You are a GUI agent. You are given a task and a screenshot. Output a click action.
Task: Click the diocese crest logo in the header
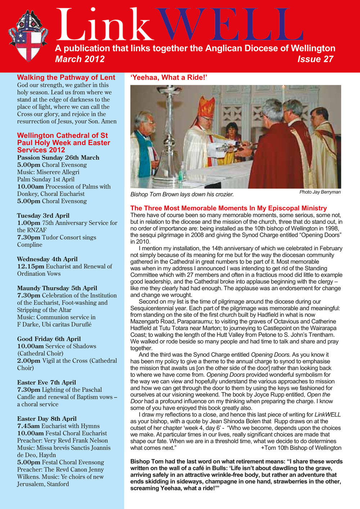point(28,36)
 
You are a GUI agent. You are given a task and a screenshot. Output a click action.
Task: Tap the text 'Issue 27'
point(315,59)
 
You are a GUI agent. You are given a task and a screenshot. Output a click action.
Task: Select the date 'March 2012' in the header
point(80,59)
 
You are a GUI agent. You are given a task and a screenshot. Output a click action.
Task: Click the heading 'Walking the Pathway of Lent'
point(66,77)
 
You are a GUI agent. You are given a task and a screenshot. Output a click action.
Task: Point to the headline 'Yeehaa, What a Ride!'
point(169,77)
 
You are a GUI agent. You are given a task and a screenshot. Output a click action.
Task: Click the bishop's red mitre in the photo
point(206,107)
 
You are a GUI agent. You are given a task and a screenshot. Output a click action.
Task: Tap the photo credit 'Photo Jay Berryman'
point(320,192)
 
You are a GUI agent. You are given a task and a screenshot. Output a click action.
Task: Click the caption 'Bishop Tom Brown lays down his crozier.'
point(182,194)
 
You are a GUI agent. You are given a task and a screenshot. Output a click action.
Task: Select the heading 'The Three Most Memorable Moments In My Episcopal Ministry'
point(229,208)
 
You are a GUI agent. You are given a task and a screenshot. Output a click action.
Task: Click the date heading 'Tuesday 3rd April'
point(43,216)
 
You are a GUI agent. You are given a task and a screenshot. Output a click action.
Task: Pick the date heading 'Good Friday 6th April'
point(49,339)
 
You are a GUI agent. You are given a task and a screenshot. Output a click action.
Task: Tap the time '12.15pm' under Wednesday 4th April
point(31,266)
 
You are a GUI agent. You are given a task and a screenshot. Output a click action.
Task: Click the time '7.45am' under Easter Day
point(28,426)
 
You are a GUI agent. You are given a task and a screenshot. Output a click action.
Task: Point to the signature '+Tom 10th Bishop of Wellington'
point(301,448)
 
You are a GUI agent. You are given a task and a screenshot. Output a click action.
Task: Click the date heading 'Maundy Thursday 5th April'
point(57,288)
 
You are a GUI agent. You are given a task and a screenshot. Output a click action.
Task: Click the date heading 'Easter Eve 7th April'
point(46,383)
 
